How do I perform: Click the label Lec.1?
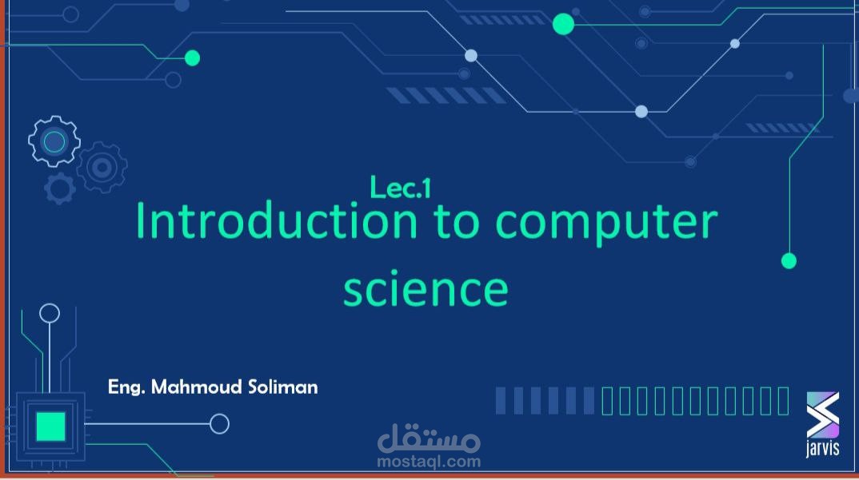(x=401, y=187)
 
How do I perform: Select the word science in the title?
(x=426, y=288)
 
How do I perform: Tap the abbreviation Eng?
(x=126, y=388)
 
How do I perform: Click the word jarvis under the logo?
(x=823, y=449)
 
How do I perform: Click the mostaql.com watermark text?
(x=429, y=462)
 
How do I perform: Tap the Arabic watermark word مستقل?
(x=429, y=439)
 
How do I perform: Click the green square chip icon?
(x=50, y=426)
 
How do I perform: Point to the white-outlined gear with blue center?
(x=54, y=142)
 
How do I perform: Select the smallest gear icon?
(x=60, y=188)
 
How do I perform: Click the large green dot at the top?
(x=563, y=25)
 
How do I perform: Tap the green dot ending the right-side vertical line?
(x=789, y=260)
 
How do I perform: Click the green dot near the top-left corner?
(x=192, y=58)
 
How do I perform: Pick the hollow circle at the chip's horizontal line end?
(x=219, y=423)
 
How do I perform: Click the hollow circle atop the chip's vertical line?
(x=50, y=312)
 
